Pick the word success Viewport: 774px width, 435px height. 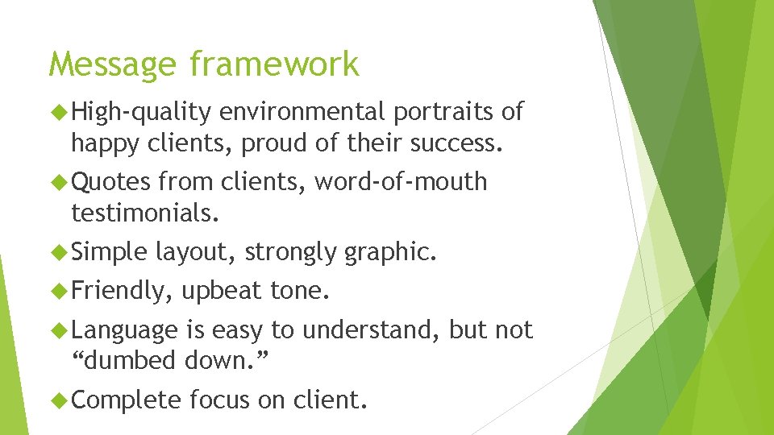point(456,143)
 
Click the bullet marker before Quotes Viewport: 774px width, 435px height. point(60,182)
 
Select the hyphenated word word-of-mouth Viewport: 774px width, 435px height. point(401,182)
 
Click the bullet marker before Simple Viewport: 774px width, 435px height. point(60,252)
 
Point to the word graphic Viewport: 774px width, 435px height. point(390,252)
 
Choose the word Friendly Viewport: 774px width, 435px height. point(123,291)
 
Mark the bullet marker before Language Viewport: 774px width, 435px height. point(60,329)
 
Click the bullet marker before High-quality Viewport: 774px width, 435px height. point(60,112)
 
